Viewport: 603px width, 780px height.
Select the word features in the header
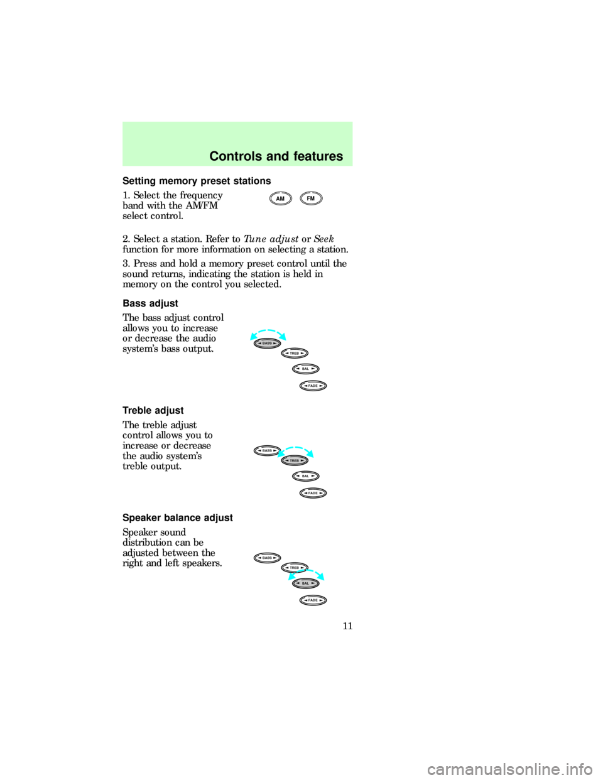tap(318, 156)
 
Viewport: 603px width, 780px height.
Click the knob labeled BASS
tap(265, 345)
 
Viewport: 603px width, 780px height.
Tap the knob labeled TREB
tap(294, 460)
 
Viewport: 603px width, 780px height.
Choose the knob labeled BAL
tap(306, 583)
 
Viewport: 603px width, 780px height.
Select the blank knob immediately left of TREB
tap(266, 450)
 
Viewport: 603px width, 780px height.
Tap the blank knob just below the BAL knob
tap(313, 600)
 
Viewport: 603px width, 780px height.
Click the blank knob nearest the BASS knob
tap(293, 353)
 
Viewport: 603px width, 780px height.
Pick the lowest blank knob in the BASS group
tap(313, 385)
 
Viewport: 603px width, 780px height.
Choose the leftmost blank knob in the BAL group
tap(266, 557)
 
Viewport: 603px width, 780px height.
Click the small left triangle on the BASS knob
tap(256, 345)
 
